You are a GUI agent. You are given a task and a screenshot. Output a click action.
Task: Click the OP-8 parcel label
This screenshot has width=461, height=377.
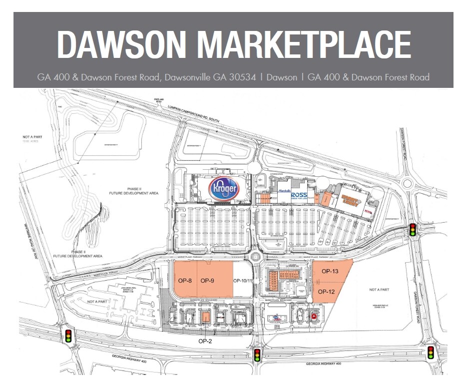pyautogui.click(x=185, y=281)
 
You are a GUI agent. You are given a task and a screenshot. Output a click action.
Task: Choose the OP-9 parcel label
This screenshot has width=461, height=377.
pyautogui.click(x=207, y=281)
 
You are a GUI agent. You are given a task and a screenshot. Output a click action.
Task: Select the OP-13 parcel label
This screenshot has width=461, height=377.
pyautogui.click(x=330, y=272)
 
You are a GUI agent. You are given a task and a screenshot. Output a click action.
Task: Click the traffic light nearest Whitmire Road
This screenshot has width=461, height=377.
pyautogui.click(x=68, y=335)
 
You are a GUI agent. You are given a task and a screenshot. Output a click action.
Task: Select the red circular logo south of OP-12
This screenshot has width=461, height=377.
pyautogui.click(x=314, y=316)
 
